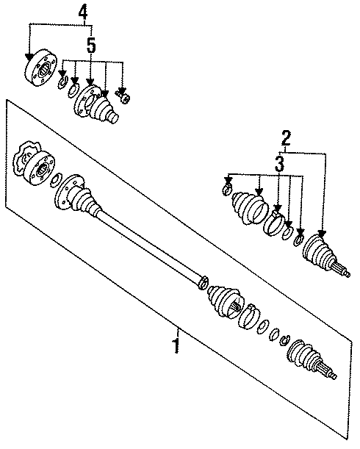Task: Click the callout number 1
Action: coord(176,344)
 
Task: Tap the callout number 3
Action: coord(278,166)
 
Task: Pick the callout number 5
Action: coord(90,46)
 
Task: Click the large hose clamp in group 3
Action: coord(277,222)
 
